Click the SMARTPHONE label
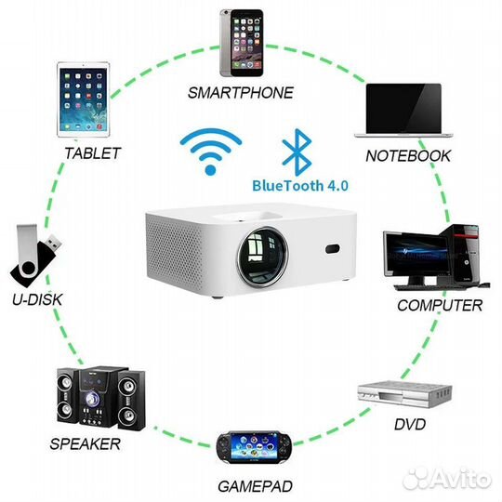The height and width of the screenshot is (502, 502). [241, 93]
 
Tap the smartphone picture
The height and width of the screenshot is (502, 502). [242, 43]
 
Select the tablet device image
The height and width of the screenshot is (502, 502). [84, 99]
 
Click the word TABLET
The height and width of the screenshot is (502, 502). [93, 153]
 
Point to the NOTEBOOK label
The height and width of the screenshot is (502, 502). [408, 156]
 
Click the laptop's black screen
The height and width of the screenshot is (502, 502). [403, 108]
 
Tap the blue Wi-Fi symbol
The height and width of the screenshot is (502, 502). [211, 152]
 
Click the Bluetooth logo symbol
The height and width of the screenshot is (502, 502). [297, 152]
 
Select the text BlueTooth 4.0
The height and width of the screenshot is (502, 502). [300, 186]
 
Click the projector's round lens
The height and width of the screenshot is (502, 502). [262, 257]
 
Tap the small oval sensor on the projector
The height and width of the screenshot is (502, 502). [333, 249]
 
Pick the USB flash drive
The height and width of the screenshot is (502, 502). [35, 256]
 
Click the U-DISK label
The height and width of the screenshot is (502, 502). [37, 299]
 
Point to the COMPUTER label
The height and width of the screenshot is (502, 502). [440, 305]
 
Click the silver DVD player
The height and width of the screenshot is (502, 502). [404, 394]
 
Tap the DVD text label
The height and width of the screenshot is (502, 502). [410, 425]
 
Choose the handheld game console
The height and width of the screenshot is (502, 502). [254, 447]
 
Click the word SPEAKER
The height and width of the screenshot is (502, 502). [85, 444]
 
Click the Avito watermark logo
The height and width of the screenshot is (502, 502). [447, 479]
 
